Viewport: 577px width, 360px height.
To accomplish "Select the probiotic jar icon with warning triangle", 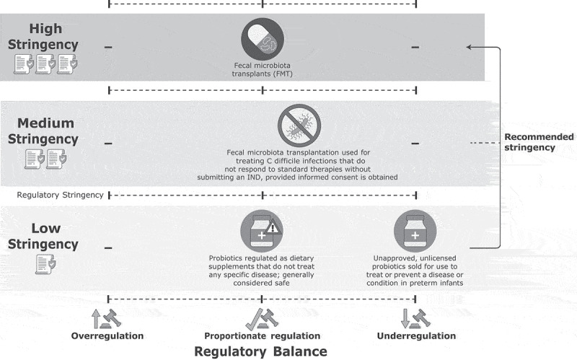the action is click(x=260, y=232).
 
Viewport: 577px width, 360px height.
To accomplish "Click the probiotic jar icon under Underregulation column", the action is click(x=415, y=232).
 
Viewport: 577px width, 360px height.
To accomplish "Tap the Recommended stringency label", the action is click(x=539, y=142).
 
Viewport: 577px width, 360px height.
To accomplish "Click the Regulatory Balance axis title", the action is click(x=260, y=351).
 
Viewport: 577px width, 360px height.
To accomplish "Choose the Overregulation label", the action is click(x=107, y=336).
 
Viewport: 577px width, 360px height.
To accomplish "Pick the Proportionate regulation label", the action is click(x=261, y=336).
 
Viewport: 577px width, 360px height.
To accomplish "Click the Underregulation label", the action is click(x=416, y=336).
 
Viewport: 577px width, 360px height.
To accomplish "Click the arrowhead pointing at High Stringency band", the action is click(x=470, y=48).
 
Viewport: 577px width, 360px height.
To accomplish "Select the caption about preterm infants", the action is click(x=415, y=271).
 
